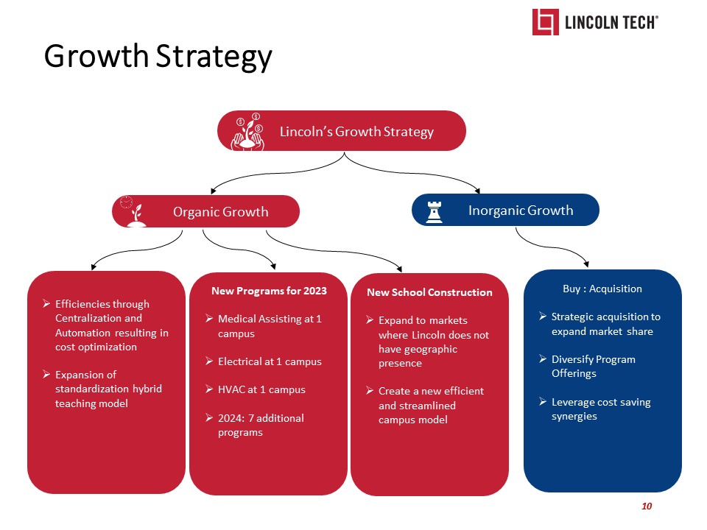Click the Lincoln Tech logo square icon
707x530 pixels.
pyautogui.click(x=546, y=22)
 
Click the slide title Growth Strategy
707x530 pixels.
pyautogui.click(x=158, y=57)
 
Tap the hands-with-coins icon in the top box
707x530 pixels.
pyautogui.click(x=249, y=132)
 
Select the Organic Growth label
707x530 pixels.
pyautogui.click(x=220, y=212)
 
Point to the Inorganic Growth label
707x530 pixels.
pyautogui.click(x=520, y=211)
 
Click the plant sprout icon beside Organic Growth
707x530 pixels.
pyautogui.click(x=135, y=213)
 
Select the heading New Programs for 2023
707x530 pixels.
pyautogui.click(x=269, y=291)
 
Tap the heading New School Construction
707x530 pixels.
pyautogui.click(x=429, y=292)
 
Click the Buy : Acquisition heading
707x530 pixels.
pyautogui.click(x=602, y=289)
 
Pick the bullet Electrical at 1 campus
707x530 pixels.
pyautogui.click(x=270, y=361)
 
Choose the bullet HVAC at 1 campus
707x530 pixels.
pyautogui.click(x=261, y=389)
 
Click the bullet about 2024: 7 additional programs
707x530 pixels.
pyautogui.click(x=261, y=425)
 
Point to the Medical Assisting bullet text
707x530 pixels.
pyautogui.click(x=270, y=326)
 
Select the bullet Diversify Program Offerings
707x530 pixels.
pyautogui.click(x=593, y=367)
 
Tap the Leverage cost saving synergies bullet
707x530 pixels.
pyautogui.click(x=600, y=409)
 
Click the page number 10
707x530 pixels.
pyautogui.click(x=647, y=506)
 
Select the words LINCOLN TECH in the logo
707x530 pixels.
pyautogui.click(x=611, y=23)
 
